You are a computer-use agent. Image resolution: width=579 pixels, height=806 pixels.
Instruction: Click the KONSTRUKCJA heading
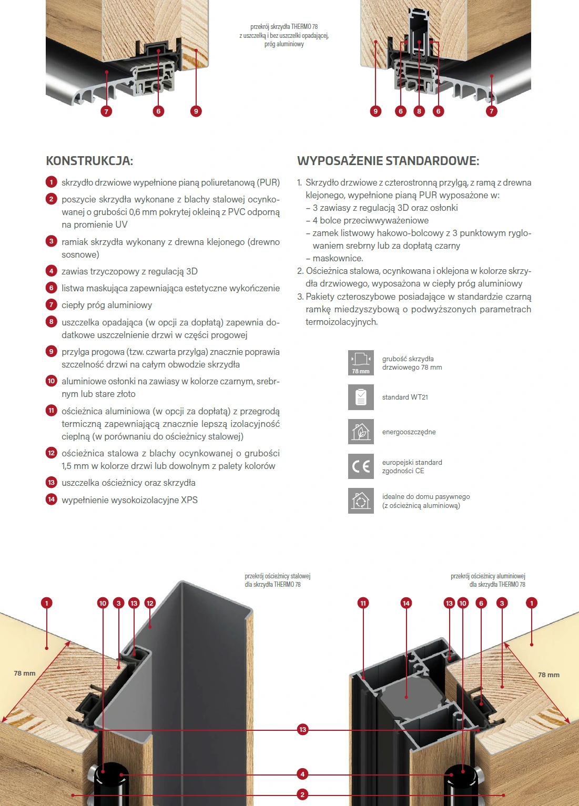click(x=89, y=161)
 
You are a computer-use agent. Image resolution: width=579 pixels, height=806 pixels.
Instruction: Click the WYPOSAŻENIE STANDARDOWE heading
click(x=388, y=161)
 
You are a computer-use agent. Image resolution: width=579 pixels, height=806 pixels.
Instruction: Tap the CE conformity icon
click(x=361, y=466)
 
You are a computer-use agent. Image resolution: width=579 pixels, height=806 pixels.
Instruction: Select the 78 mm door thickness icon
click(x=361, y=363)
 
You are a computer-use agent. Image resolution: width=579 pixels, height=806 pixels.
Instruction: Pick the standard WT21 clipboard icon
click(x=361, y=397)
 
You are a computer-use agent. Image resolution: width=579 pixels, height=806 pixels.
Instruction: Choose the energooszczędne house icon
click(x=361, y=432)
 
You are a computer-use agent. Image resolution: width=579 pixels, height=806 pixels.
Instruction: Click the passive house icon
click(x=361, y=501)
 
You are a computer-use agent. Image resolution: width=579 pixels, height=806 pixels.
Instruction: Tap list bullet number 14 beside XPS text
click(x=51, y=499)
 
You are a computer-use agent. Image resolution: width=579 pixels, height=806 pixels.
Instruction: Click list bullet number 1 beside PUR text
click(x=51, y=182)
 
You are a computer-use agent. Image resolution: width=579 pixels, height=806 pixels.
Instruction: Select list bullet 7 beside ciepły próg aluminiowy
click(x=51, y=304)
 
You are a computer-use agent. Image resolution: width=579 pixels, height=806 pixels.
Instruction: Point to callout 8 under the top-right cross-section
click(x=419, y=111)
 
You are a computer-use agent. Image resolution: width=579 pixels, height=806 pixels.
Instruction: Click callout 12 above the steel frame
click(x=150, y=603)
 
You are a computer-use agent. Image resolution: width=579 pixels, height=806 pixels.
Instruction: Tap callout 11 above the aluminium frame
click(x=363, y=603)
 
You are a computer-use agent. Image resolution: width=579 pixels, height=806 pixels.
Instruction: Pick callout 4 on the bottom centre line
click(x=302, y=774)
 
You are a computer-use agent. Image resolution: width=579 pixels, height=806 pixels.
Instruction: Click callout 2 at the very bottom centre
click(x=302, y=794)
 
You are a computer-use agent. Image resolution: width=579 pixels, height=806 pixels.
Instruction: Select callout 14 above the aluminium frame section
click(x=406, y=603)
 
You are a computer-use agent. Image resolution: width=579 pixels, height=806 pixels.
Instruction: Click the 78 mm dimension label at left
click(x=25, y=674)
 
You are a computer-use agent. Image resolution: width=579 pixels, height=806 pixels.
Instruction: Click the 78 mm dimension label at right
click(x=548, y=675)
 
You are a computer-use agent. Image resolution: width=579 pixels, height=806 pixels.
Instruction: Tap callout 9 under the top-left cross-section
click(x=196, y=111)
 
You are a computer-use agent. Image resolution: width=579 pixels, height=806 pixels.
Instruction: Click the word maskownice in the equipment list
click(x=338, y=258)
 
